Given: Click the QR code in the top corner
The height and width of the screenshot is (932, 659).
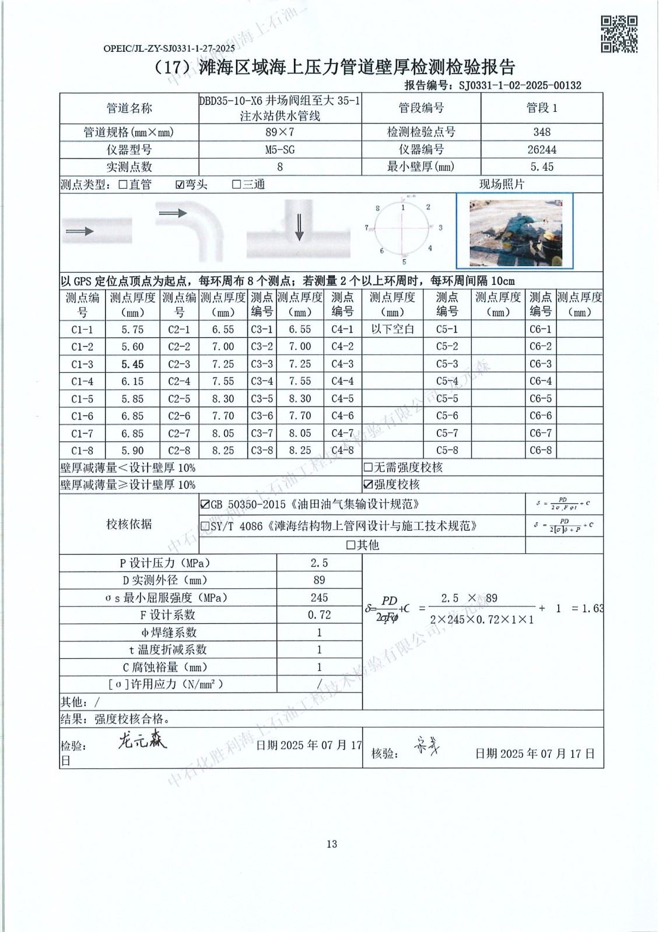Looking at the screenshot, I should click(619, 34).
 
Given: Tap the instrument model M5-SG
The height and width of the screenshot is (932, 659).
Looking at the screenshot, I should click(280, 150).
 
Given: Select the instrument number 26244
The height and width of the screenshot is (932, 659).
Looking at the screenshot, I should click(542, 150).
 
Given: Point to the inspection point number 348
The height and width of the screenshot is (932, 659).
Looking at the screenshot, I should click(542, 132).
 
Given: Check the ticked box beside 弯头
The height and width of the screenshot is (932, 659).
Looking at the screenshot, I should click(180, 185).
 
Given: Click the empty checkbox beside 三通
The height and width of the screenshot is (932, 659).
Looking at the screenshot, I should click(236, 185).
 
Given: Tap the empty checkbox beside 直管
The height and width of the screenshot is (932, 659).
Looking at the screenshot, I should click(123, 185).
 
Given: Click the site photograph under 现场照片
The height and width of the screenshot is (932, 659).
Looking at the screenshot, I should click(521, 230).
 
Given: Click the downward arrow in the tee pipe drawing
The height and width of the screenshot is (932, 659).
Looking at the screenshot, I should click(299, 227).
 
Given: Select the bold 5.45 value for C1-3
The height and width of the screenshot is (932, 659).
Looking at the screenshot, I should click(132, 364).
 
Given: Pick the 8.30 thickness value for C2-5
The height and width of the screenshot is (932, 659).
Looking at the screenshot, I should click(223, 399).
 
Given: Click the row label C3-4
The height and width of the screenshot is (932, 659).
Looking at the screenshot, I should click(262, 382).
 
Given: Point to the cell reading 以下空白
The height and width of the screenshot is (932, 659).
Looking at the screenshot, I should click(392, 329).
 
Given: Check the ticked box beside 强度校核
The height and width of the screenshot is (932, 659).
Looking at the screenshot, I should click(368, 485).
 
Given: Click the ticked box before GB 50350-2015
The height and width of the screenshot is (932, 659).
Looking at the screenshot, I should click(205, 504).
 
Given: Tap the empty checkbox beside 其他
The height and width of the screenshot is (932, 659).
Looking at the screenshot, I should click(350, 545).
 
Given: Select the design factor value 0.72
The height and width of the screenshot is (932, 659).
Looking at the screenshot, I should click(319, 615).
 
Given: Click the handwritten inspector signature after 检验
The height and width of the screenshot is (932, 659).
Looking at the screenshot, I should click(142, 740).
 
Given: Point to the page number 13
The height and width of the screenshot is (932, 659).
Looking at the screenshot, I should click(332, 844).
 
